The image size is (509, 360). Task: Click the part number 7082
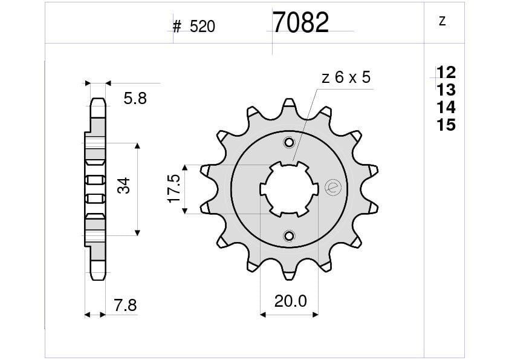pyautogui.click(x=300, y=23)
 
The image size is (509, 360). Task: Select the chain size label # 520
pyautogui.click(x=193, y=27)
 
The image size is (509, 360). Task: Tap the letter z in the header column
pyautogui.click(x=442, y=21)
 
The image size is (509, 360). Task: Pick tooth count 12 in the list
pyautogui.click(x=446, y=73)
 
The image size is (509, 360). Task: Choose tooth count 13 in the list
pyautogui.click(x=446, y=90)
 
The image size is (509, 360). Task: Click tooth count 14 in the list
pyautogui.click(x=446, y=108)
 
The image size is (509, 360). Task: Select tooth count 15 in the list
pyautogui.click(x=446, y=125)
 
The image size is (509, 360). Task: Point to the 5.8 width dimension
pyautogui.click(x=135, y=98)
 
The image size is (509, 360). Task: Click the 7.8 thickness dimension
pyautogui.click(x=125, y=306)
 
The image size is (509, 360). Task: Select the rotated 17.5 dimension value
pyautogui.click(x=174, y=189)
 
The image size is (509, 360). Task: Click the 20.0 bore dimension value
pyautogui.click(x=290, y=301)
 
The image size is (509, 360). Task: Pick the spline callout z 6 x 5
pyautogui.click(x=346, y=77)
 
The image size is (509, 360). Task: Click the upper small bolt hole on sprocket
pyautogui.click(x=290, y=143)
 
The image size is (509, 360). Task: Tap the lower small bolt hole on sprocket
pyautogui.click(x=290, y=235)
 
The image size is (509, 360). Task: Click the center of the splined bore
pyautogui.click(x=290, y=189)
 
